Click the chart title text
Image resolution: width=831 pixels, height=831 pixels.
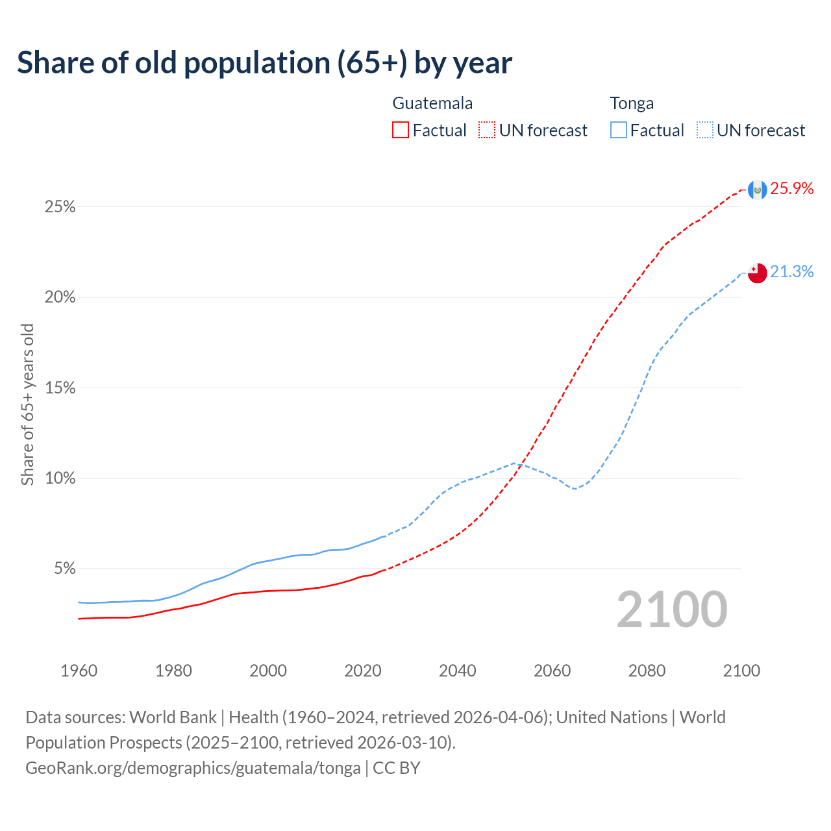click(264, 62)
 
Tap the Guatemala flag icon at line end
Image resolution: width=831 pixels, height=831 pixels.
click(757, 190)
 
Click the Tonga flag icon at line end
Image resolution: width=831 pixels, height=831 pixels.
click(757, 273)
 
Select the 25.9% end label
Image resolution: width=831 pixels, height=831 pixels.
click(792, 189)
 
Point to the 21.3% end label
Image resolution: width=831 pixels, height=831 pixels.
click(792, 272)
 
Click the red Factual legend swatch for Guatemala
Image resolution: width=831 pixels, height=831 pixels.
click(401, 130)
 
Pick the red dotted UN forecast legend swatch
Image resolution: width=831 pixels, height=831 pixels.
click(487, 130)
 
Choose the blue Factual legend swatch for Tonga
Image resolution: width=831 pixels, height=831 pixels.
click(618, 130)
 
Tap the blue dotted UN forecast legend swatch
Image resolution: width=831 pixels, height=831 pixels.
click(704, 130)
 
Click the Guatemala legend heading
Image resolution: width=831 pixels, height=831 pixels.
click(432, 103)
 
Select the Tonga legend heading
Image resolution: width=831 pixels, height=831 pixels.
click(632, 103)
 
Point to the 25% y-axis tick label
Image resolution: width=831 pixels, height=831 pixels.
click(60, 207)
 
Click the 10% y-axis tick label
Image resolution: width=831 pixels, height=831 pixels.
click(60, 478)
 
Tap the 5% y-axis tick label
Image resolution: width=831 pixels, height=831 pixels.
click(65, 569)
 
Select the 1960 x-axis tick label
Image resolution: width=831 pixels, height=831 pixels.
click(79, 671)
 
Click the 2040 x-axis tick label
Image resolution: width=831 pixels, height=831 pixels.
click(458, 671)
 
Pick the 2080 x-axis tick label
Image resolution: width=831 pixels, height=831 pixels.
click(647, 671)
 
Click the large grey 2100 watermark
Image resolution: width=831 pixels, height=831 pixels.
click(672, 609)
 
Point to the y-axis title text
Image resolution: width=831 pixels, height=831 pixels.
click(27, 404)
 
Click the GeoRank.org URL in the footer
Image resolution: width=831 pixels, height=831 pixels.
click(193, 768)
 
